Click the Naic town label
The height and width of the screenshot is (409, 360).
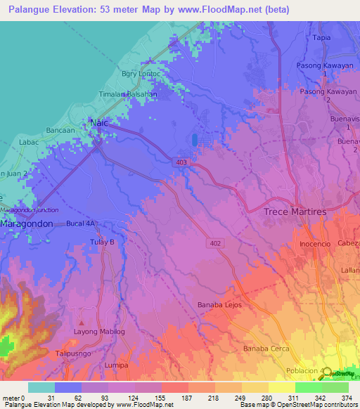[x=100, y=123]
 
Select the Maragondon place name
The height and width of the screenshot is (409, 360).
[x=26, y=223]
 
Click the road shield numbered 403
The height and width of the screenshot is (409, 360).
[x=182, y=162]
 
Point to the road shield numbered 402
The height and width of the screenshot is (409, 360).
[x=214, y=242]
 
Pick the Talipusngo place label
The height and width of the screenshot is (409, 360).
[x=74, y=353]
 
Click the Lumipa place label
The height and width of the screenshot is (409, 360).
[x=115, y=365]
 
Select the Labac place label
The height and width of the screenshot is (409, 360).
[x=29, y=142]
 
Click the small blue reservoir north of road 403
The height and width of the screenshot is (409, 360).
[x=194, y=140]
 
